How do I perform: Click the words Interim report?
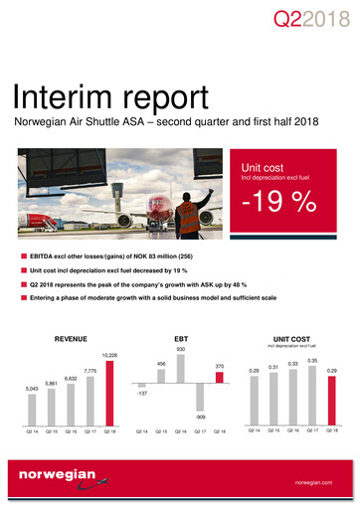pos(110,95)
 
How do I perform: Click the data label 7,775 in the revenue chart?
pos(90,371)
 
